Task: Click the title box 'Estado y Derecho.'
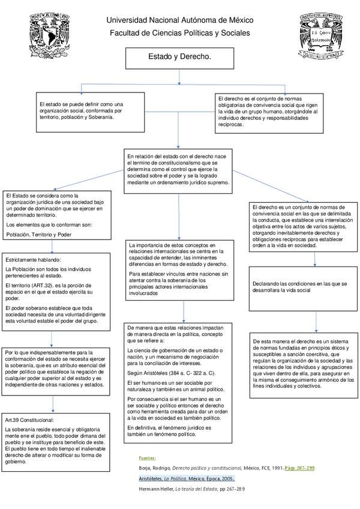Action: point(179,58)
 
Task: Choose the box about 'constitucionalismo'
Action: point(179,170)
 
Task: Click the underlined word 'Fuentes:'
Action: point(147,457)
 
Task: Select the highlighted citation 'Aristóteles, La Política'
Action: point(187,478)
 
